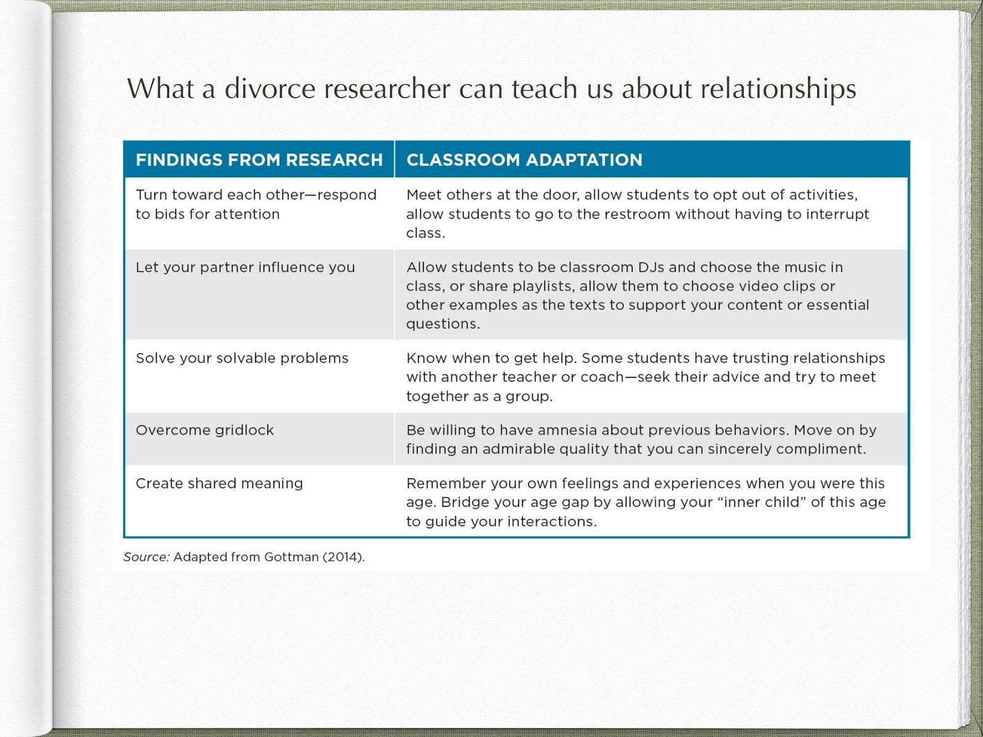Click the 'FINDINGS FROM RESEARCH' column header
[259, 160]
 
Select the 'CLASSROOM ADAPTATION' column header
[525, 160]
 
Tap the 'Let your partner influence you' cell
[245, 268]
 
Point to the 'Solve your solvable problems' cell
[242, 358]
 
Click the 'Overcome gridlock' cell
[205, 430]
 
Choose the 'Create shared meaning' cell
[219, 483]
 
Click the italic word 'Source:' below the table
[146, 556]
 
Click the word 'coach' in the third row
[602, 377]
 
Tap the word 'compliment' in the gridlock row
[820, 450]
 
